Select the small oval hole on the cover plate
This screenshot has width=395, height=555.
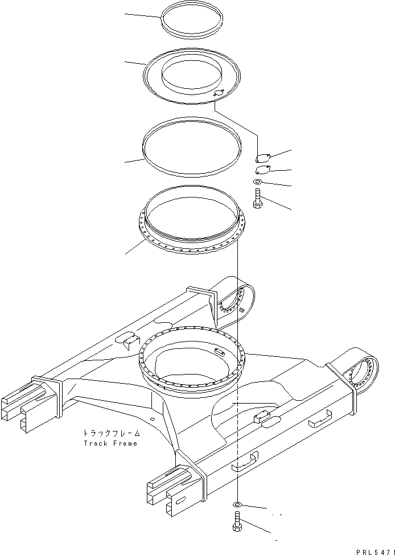tap(217, 94)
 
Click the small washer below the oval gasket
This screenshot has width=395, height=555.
tap(257, 182)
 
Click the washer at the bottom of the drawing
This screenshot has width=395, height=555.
tap(237, 504)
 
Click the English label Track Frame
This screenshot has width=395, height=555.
tap(110, 443)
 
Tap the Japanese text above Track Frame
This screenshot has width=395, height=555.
tap(110, 433)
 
